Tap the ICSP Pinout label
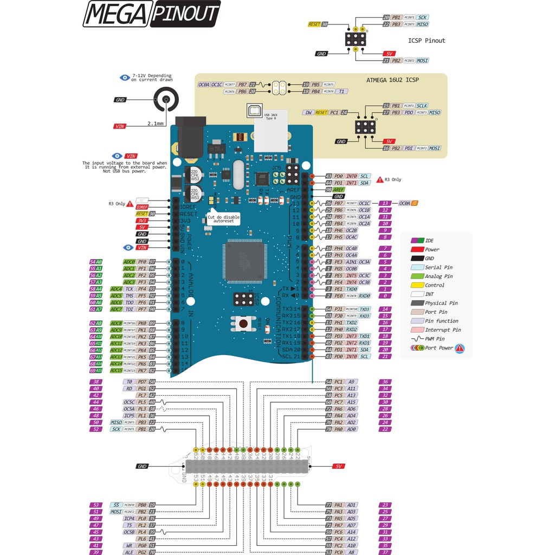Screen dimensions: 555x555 click(427, 41)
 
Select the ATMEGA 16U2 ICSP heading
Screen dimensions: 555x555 click(392, 80)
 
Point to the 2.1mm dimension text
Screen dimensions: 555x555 click(156, 124)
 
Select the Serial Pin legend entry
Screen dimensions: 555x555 click(438, 267)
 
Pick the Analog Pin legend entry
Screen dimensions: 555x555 click(438, 276)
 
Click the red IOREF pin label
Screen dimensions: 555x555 click(142, 207)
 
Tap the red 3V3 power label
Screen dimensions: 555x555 click(142, 221)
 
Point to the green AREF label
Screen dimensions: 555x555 click(339, 190)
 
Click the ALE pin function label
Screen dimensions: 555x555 click(129, 552)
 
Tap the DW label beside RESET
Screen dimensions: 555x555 click(308, 113)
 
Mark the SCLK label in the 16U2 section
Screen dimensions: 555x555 click(422, 106)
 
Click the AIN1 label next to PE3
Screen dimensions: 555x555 click(351, 262)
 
